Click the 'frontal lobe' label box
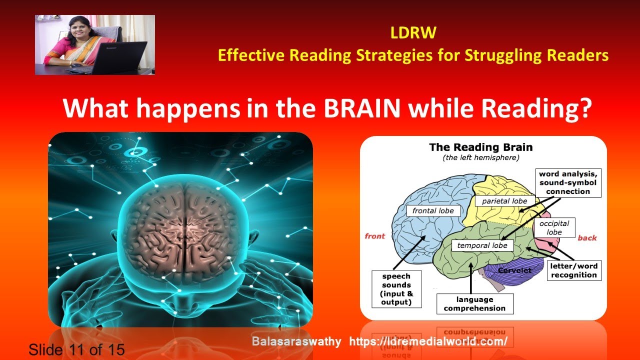(x=433, y=210)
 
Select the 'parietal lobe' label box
(x=504, y=201)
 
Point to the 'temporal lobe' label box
(x=482, y=245)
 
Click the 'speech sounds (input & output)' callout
(x=396, y=289)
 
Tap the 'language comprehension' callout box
(x=474, y=304)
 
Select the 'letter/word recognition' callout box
(x=573, y=270)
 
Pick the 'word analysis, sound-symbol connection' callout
(x=567, y=182)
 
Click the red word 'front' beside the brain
(x=375, y=236)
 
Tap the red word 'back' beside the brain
(x=587, y=238)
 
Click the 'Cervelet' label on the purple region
(x=514, y=270)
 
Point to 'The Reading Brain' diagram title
(x=480, y=147)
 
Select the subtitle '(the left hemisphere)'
(x=481, y=158)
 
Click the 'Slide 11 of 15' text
(x=76, y=349)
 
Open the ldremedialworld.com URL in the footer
(x=428, y=341)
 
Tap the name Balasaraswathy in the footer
(x=296, y=341)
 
